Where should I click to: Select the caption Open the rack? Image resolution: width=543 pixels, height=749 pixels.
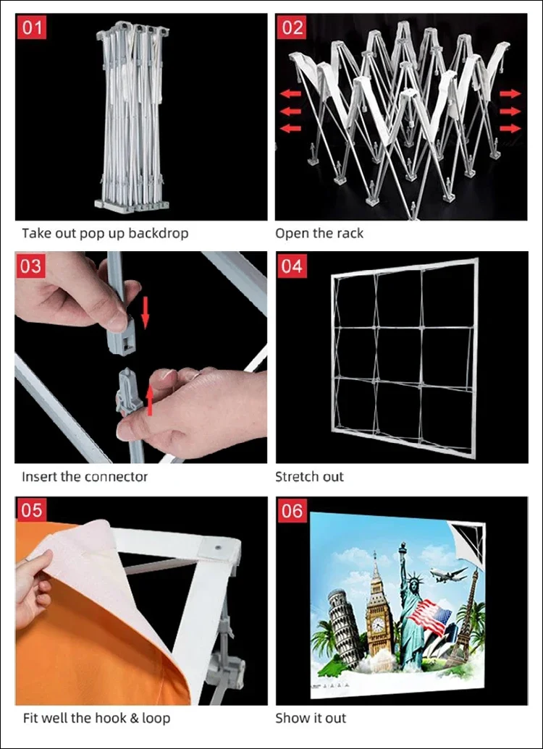(319, 233)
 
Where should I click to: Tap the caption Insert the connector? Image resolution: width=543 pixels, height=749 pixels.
(85, 476)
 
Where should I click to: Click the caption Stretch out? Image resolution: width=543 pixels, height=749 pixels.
(309, 476)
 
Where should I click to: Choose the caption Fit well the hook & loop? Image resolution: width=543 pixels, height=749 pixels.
(96, 718)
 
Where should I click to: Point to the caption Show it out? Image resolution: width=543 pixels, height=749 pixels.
(311, 718)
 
